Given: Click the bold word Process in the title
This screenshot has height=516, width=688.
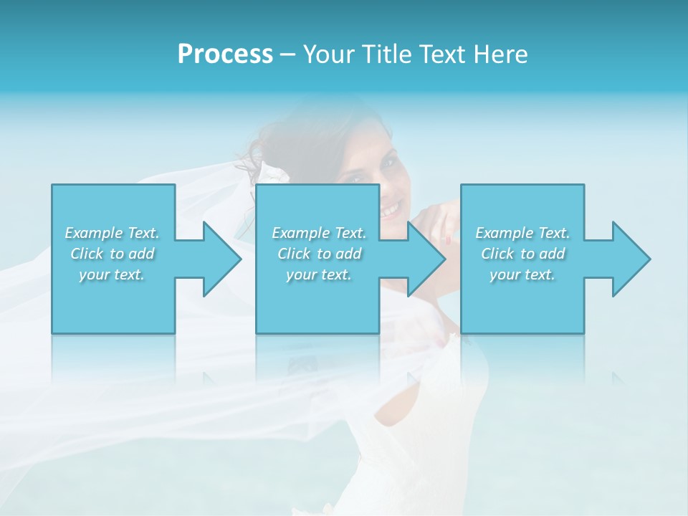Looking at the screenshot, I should click(x=225, y=54).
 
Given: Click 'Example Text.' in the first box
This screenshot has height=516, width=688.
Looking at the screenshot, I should click(x=112, y=233).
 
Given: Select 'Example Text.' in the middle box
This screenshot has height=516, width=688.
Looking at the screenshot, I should click(x=319, y=233).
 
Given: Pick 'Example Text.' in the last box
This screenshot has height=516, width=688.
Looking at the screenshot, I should click(x=522, y=233).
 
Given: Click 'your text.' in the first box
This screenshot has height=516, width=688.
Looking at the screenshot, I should click(x=112, y=274).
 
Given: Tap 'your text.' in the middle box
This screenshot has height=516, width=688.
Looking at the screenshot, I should click(x=319, y=274).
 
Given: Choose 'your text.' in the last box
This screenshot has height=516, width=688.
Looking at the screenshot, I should click(x=522, y=274).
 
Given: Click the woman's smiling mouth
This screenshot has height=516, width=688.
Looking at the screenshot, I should click(x=392, y=210).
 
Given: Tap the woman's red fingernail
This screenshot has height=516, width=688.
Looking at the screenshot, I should click(x=447, y=238).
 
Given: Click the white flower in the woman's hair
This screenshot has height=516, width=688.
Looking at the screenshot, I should click(x=272, y=172).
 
